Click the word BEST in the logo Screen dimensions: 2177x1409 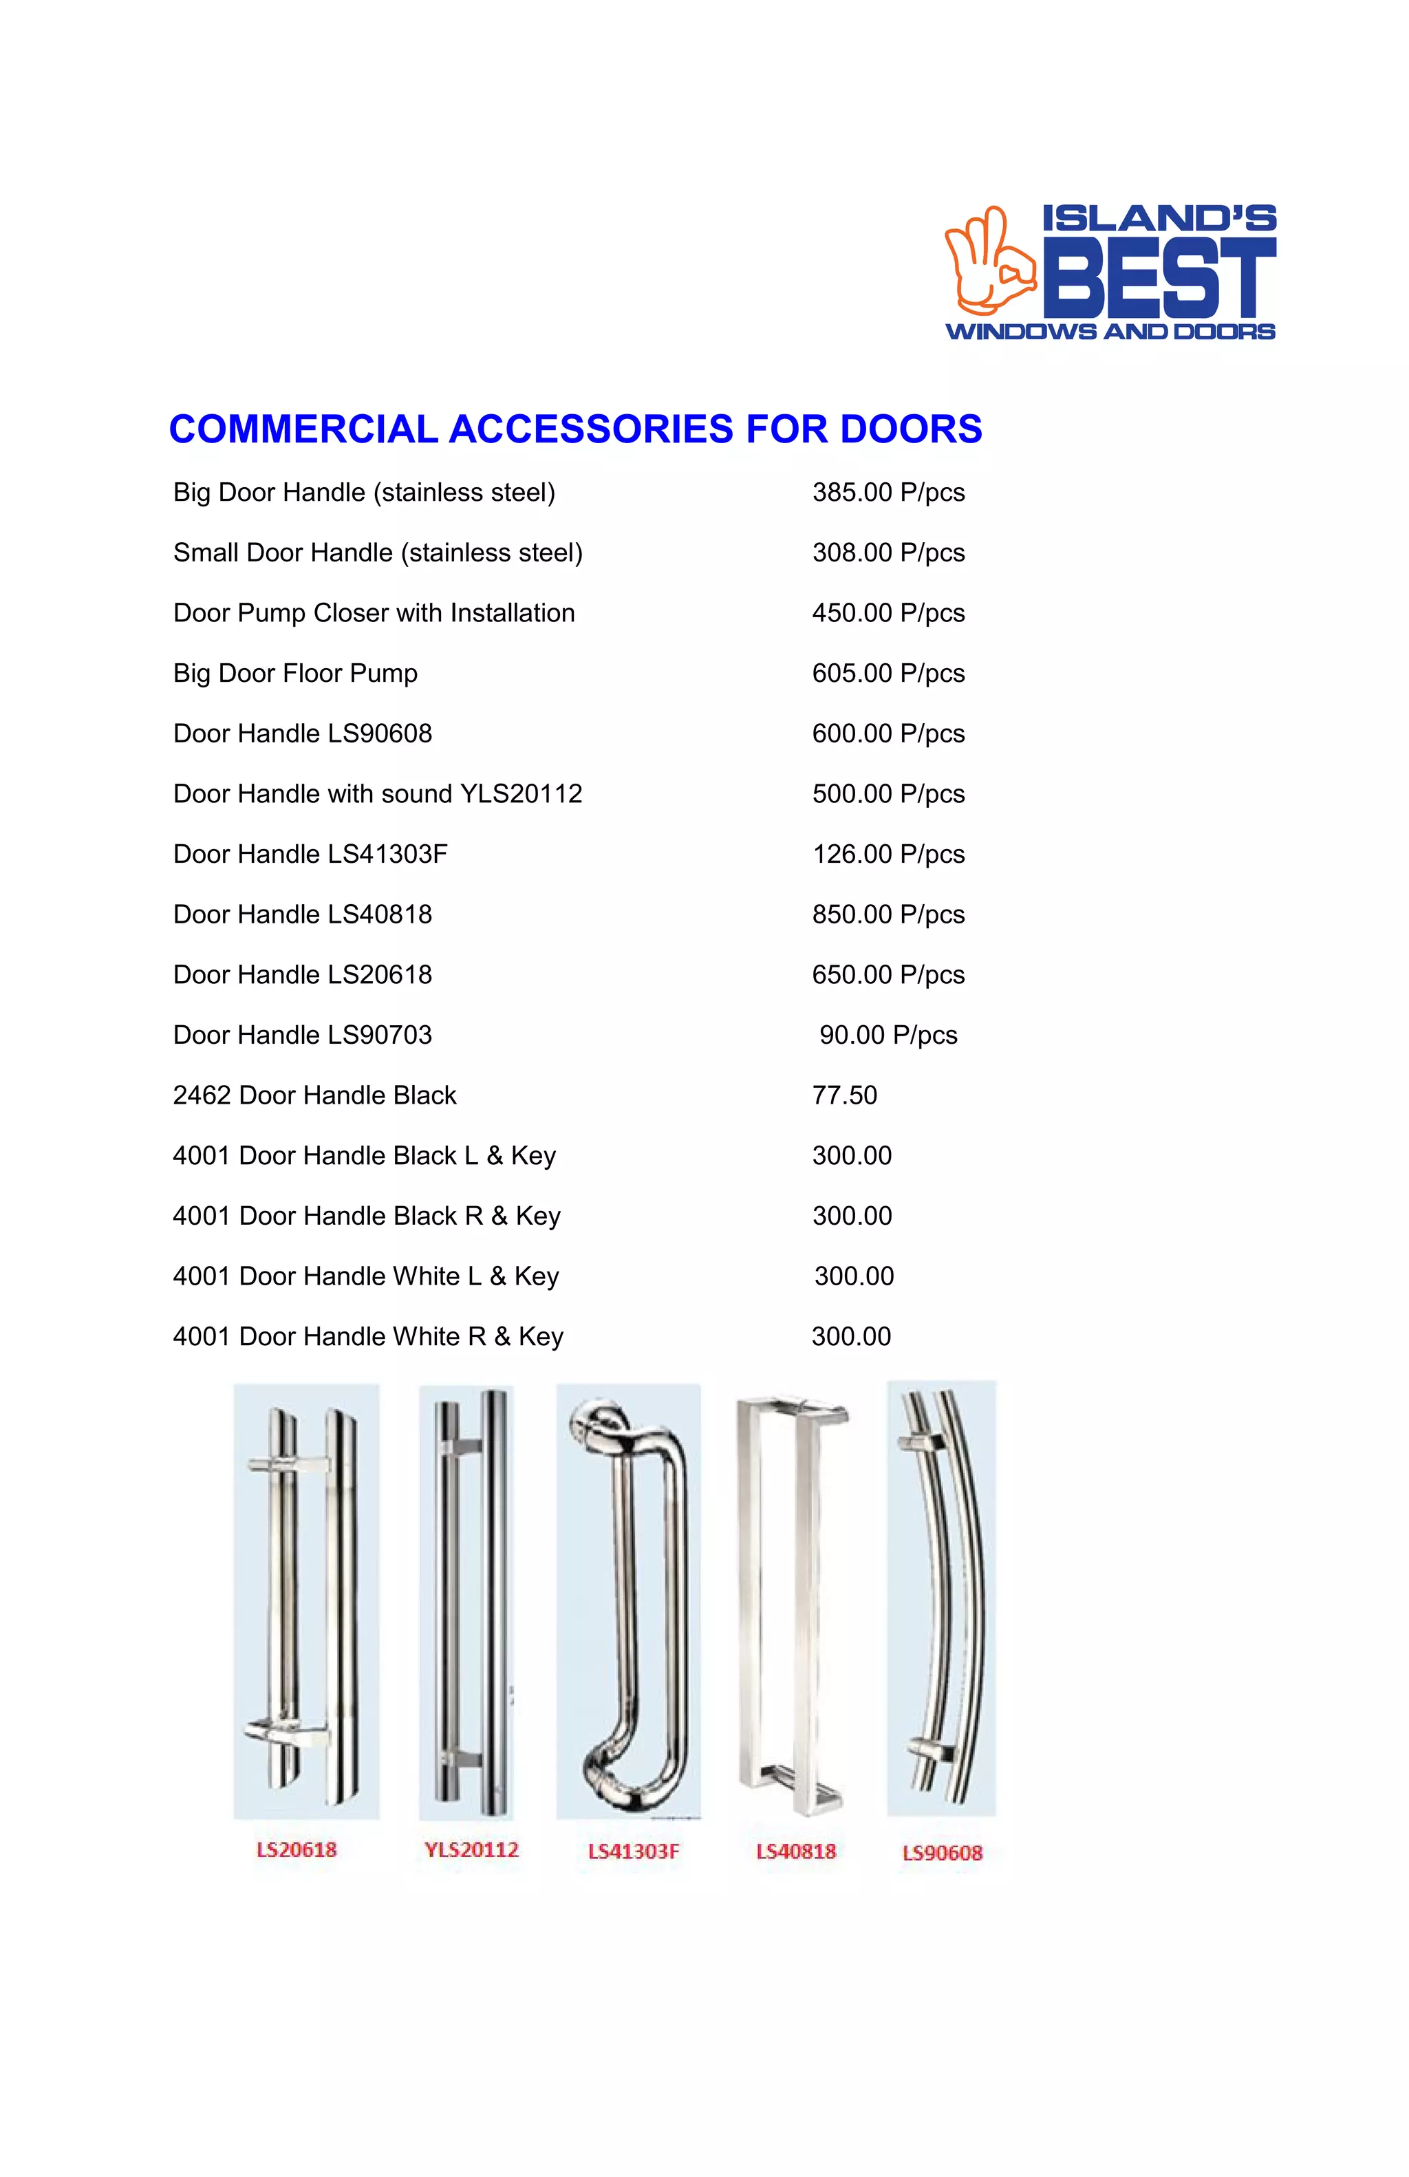(1159, 277)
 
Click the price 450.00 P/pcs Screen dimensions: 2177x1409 (888, 613)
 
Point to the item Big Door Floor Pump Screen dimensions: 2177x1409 (295, 673)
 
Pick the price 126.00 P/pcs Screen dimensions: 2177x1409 (888, 855)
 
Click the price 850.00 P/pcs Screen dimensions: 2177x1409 (888, 914)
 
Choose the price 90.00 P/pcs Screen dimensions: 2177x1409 (888, 1035)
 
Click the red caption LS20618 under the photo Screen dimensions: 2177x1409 (297, 1849)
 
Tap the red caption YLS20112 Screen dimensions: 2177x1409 (471, 1849)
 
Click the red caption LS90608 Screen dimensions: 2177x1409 (942, 1853)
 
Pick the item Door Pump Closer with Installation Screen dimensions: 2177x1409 (374, 613)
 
